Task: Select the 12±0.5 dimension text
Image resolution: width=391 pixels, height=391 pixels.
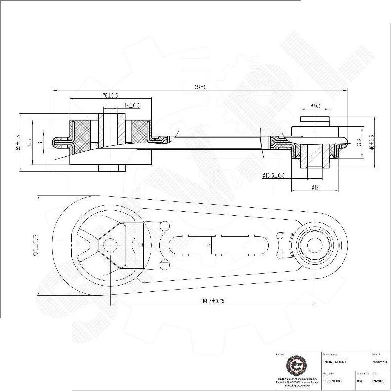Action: click(132, 105)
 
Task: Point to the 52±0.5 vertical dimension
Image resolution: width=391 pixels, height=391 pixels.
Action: click(18, 142)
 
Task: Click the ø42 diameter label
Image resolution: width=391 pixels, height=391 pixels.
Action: click(315, 187)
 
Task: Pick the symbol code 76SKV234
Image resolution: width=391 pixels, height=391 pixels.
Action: click(379, 361)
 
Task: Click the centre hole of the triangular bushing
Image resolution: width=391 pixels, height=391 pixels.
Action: click(110, 245)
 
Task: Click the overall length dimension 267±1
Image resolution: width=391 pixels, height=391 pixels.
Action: click(200, 87)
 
